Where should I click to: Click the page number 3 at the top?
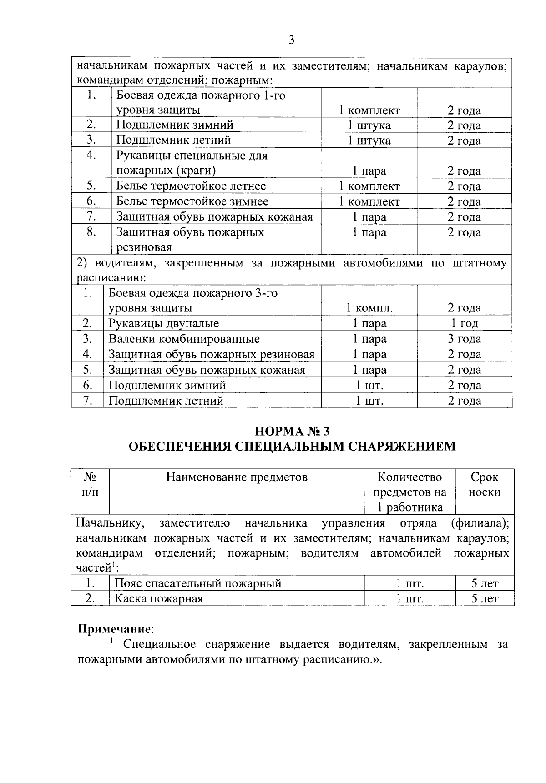pos(292,40)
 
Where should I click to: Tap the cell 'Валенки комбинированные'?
pos(184,339)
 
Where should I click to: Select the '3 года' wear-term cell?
pos(464,339)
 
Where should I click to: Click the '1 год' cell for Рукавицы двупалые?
pos(464,323)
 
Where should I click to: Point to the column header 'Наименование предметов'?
pos(237,477)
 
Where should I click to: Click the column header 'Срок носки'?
pos(484,485)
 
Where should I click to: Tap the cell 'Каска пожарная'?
pos(158,598)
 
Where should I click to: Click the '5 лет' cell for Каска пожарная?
pos(485,599)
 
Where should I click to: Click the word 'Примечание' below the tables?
pos(114,629)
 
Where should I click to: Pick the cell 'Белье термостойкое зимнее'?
pos(192,201)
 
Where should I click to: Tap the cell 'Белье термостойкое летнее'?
pos(191,186)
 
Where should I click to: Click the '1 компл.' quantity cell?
pos(369,308)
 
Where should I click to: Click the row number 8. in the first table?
pos(91,232)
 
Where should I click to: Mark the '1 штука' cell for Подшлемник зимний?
pos(369,125)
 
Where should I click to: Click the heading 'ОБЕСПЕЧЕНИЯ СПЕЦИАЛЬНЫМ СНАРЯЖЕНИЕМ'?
pos(292,447)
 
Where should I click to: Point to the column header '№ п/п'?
pos(90,485)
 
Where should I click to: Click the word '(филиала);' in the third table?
pos(480,523)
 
